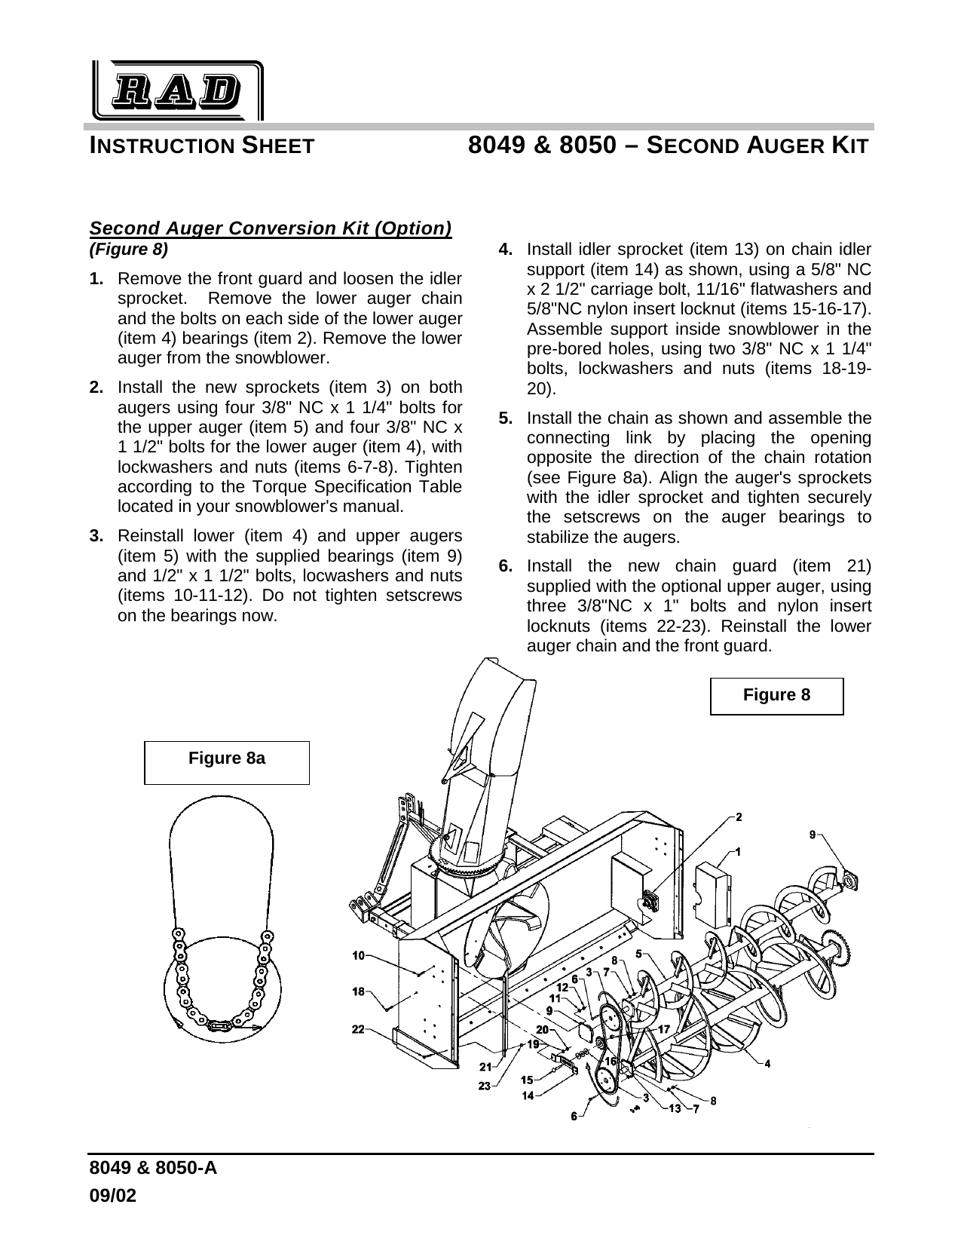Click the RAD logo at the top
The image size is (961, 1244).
[178, 91]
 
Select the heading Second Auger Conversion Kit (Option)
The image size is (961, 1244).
[270, 228]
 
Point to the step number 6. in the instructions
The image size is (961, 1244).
[507, 566]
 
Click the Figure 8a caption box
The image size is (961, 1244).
[227, 762]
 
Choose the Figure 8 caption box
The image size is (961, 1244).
[776, 695]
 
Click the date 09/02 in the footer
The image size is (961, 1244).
[113, 1196]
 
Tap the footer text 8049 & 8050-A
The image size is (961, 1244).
[153, 1169]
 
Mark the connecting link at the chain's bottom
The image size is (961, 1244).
[219, 1025]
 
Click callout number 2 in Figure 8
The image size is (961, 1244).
[739, 817]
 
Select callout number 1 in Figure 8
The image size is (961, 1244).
[738, 852]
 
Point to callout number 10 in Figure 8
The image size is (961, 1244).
[359, 955]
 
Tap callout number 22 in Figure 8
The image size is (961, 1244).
[359, 1028]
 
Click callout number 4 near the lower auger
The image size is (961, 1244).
[767, 1064]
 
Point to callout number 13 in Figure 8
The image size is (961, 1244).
[675, 1108]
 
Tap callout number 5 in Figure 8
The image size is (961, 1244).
[638, 953]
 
